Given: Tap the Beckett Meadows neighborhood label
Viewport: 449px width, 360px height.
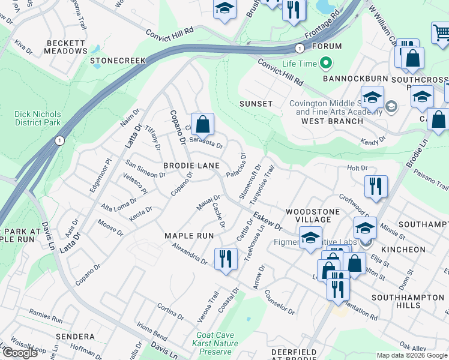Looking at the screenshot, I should click(65, 47).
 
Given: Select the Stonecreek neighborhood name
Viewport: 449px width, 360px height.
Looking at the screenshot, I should click(118, 61).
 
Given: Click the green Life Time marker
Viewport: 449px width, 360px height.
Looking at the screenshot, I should click(326, 62).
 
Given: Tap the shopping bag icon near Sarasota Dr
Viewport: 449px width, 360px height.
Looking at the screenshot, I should click(203, 124).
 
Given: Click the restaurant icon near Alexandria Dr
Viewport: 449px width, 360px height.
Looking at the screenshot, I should click(226, 259).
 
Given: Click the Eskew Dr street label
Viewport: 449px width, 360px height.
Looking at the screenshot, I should click(267, 221).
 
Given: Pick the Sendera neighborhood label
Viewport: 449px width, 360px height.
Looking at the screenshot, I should click(74, 337).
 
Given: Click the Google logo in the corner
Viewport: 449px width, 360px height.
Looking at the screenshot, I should click(20, 353).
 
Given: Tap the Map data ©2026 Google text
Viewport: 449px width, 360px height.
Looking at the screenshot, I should click(412, 355).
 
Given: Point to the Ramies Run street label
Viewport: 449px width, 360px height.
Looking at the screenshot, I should click(46, 314).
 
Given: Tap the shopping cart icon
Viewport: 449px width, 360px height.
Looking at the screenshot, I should click(441, 31).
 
